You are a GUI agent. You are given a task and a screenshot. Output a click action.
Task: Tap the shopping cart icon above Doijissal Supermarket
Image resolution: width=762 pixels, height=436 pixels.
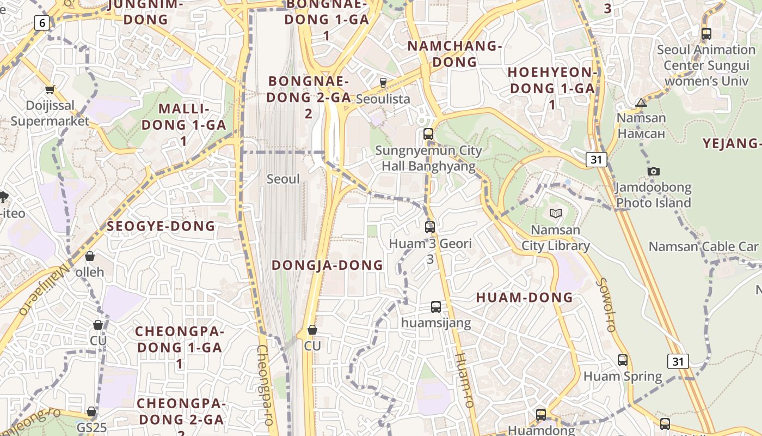point(50,89)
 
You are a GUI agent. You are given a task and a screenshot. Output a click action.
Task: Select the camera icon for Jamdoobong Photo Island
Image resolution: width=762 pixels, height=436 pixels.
point(654,171)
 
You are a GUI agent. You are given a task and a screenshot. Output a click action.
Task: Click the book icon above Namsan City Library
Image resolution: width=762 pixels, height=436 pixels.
point(555,213)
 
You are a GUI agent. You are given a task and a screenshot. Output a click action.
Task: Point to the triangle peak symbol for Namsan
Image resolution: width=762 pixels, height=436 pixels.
point(641,102)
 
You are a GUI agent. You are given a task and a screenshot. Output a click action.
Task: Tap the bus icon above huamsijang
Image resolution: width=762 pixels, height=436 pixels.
point(436,306)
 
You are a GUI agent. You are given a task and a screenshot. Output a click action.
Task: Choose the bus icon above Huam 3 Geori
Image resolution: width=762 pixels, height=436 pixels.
point(430,227)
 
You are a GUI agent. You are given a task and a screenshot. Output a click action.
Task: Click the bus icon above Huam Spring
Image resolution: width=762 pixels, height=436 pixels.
point(623,360)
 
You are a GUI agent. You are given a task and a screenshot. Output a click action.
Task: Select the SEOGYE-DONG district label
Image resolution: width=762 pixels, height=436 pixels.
point(161,226)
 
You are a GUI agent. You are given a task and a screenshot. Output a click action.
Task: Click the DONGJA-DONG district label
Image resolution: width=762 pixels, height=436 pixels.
point(328,265)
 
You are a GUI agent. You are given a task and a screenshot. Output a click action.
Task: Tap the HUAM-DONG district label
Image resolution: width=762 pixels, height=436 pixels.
point(525,298)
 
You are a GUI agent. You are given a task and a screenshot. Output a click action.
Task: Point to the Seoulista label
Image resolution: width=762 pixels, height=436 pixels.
point(383,99)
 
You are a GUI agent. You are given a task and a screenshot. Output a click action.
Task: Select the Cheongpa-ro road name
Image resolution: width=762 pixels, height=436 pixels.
point(265,384)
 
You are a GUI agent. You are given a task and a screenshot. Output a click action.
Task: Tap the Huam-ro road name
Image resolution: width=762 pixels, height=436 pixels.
point(464,380)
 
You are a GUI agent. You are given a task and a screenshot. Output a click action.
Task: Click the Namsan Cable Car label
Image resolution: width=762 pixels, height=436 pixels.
point(703,246)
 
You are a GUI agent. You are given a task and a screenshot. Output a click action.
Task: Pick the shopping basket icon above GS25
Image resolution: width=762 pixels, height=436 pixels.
point(91,411)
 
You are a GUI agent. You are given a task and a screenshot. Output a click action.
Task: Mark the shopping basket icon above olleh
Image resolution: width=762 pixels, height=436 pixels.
point(90,256)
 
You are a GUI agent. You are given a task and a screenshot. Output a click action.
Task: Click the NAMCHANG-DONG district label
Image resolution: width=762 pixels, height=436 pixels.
point(454,53)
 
